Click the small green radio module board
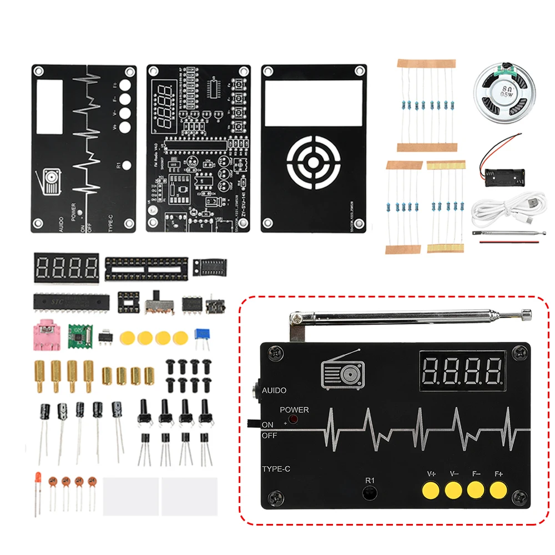(x=78, y=334)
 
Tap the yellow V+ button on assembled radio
(x=430, y=490)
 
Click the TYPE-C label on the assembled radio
(x=276, y=469)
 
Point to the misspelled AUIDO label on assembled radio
(x=274, y=390)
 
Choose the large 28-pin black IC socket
(x=147, y=267)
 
